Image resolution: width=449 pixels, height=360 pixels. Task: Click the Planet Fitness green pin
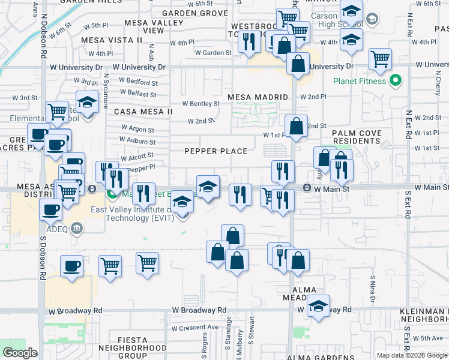coord(396,80)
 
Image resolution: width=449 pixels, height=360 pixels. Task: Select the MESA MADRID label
coord(258,97)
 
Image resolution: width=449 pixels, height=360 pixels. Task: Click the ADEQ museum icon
coord(76,228)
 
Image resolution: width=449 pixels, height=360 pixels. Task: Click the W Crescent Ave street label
coord(194,328)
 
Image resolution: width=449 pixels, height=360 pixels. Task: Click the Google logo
coord(20,353)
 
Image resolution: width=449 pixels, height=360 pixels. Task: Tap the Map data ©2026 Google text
coord(412,355)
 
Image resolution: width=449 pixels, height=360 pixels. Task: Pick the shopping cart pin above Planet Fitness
coord(380,59)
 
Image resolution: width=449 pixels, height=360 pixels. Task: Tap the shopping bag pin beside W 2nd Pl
coord(296,127)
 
